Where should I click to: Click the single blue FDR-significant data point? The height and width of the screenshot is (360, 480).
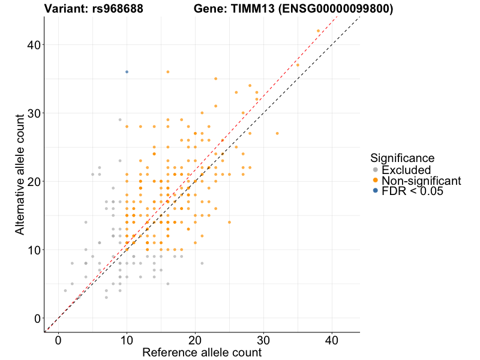(x=127, y=72)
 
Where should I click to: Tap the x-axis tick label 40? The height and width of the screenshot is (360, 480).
(x=332, y=340)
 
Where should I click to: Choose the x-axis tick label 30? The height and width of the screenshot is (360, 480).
(x=263, y=340)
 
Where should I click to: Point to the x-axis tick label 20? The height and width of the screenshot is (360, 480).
(x=195, y=340)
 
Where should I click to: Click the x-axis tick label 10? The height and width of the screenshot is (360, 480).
(x=127, y=340)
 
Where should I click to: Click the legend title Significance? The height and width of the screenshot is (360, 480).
(x=402, y=158)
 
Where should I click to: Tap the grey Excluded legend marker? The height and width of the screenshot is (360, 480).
(x=376, y=170)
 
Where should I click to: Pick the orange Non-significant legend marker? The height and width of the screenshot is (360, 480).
(x=376, y=181)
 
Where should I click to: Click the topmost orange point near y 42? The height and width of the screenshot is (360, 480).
(x=318, y=31)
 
